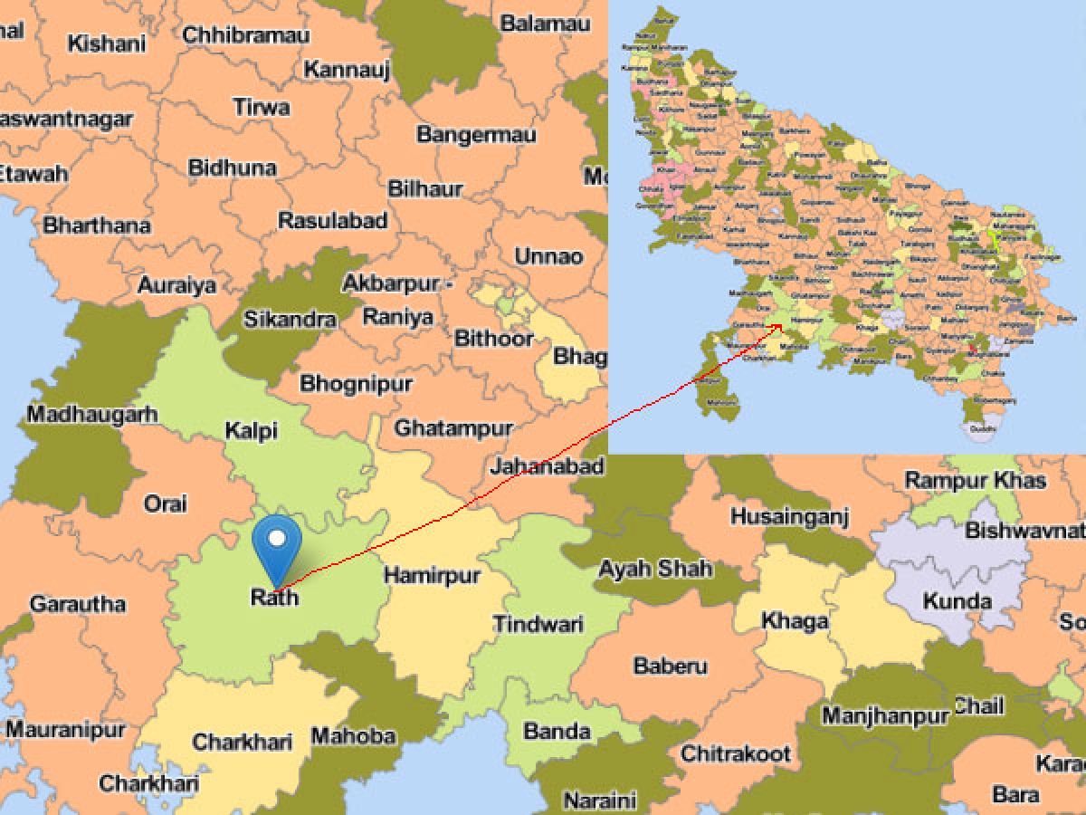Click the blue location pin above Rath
click(279, 542)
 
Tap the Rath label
click(273, 597)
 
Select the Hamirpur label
click(432, 575)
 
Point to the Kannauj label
click(347, 69)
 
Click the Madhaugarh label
click(92, 415)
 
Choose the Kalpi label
click(252, 431)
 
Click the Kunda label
click(957, 600)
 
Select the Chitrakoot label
click(736, 753)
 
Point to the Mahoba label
click(353, 736)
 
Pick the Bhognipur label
click(356, 383)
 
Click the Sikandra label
click(290, 319)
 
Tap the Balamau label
click(545, 24)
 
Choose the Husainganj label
click(789, 517)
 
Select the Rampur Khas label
click(976, 480)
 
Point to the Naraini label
click(600, 801)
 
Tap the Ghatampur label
click(453, 427)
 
